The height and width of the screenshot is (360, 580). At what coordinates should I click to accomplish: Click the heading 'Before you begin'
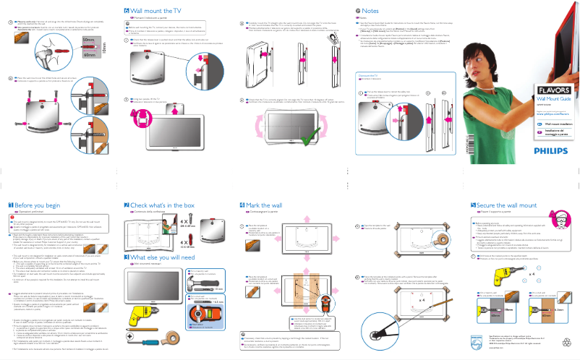click(34, 206)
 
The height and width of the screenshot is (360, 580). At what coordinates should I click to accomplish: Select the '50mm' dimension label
click(88, 40)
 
